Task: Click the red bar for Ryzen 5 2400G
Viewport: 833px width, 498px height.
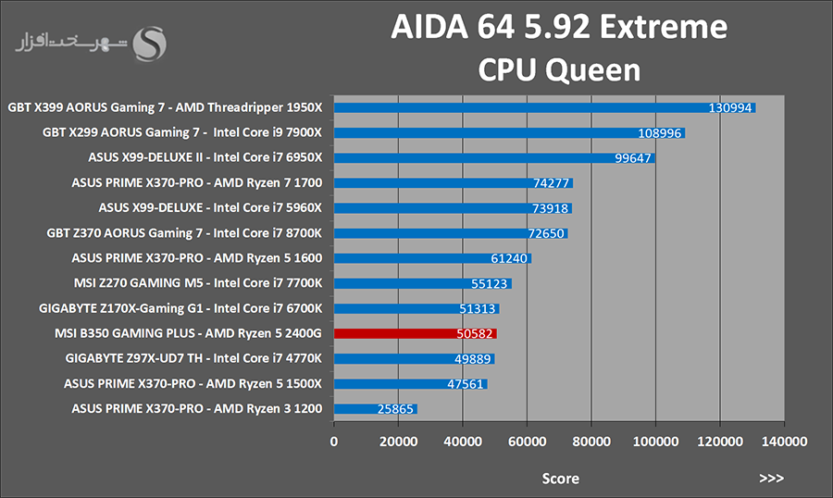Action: point(415,333)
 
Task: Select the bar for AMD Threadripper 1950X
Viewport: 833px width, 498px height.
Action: point(544,107)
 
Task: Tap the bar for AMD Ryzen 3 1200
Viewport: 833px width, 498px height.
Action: point(375,408)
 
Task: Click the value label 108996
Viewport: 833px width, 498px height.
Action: point(661,133)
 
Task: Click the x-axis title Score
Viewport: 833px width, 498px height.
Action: point(560,479)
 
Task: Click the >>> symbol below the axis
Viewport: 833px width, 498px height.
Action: point(771,479)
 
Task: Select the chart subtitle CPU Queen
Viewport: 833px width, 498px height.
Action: point(560,69)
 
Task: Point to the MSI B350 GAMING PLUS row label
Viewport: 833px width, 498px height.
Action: point(180,333)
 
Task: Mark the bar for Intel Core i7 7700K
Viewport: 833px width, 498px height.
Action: point(422,283)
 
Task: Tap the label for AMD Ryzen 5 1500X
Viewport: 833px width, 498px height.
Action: point(193,383)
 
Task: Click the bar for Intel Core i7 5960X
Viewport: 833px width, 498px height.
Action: point(453,208)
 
